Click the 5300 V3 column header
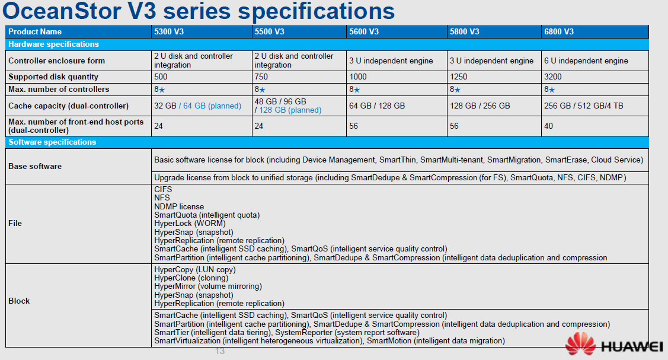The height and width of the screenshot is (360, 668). [x=169, y=32]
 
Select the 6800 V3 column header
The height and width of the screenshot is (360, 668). [x=558, y=32]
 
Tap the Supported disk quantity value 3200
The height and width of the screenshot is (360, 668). [x=553, y=77]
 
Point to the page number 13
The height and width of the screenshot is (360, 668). [x=220, y=351]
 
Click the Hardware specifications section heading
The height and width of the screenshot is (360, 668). [x=53, y=44]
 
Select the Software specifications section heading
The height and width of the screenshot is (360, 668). [x=52, y=142]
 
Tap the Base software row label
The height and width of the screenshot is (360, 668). [x=35, y=166]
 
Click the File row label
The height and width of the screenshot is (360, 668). [x=15, y=223]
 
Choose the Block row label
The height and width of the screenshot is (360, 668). [x=19, y=301]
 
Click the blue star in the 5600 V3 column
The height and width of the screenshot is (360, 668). [x=357, y=90]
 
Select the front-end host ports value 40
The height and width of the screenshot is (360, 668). [x=549, y=126]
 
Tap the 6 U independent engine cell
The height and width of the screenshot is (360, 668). [x=586, y=60]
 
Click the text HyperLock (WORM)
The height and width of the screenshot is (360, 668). [x=190, y=224]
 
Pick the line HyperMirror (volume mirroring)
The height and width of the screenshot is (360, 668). [x=208, y=286]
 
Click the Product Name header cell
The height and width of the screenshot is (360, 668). [x=35, y=32]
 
